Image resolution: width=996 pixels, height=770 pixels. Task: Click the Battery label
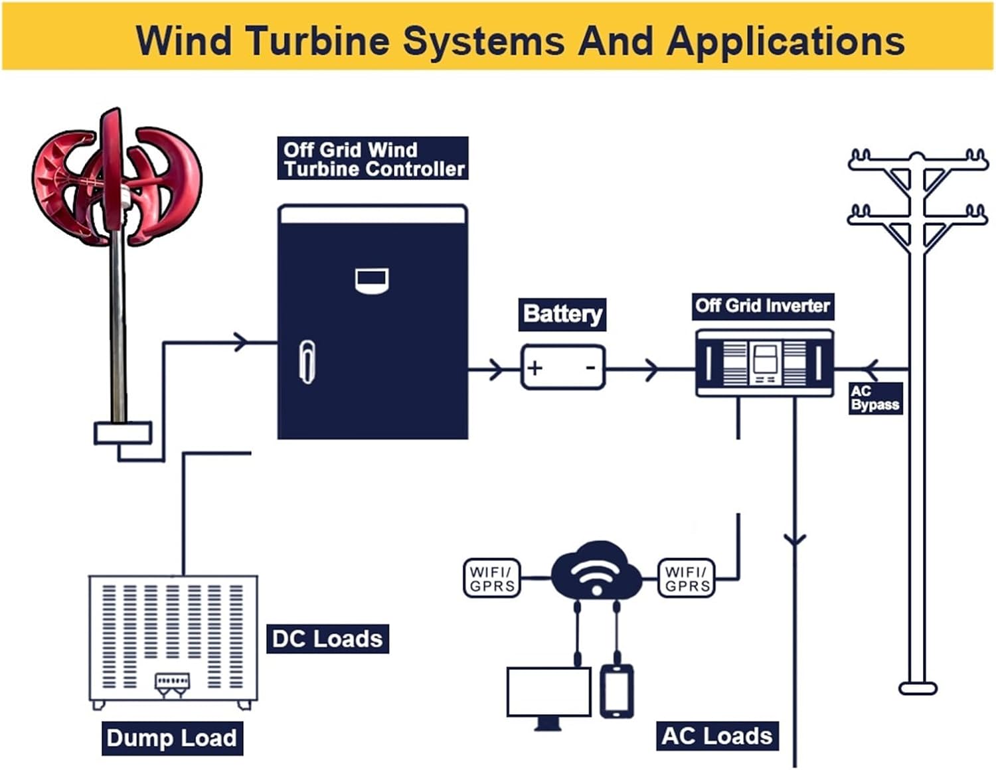pos(562,314)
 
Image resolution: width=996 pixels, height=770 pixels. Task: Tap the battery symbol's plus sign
pos(535,367)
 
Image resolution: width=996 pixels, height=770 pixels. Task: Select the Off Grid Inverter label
pos(762,306)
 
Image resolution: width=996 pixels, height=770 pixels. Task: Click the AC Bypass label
pos(875,398)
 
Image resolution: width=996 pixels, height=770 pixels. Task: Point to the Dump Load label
pos(172,738)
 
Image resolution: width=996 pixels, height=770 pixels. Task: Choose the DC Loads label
pos(327,639)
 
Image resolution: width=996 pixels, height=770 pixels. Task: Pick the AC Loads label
pos(717,736)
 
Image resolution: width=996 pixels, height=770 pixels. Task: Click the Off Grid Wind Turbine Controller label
pos(373,159)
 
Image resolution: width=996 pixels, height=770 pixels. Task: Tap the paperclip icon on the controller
pos(307,362)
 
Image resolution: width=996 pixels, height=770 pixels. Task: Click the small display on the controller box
pos(372,280)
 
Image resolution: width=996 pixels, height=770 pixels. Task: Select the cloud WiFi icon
pos(596,571)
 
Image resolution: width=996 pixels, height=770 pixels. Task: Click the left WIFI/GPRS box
pos(491,579)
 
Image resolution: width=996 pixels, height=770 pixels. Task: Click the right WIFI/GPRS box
pos(687,579)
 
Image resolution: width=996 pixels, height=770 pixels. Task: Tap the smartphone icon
pos(617,691)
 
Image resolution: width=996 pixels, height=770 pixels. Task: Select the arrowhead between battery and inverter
pos(651,369)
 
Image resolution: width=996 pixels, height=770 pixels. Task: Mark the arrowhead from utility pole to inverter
pos(871,369)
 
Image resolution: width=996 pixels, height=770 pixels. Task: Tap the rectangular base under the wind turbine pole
pos(123,433)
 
